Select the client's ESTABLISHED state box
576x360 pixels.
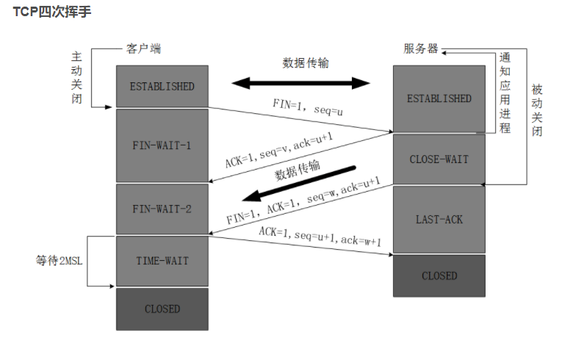click(162, 86)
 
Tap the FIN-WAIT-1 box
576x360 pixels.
click(162, 145)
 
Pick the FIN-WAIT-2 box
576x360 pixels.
click(162, 209)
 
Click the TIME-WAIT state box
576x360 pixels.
click(162, 261)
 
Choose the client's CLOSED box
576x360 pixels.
click(162, 309)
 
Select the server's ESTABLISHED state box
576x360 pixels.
click(439, 98)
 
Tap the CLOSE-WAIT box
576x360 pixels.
click(439, 159)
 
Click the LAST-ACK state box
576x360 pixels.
click(439, 219)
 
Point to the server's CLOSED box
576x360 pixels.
click(439, 276)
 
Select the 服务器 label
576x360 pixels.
click(421, 49)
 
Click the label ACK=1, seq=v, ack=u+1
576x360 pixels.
click(278, 151)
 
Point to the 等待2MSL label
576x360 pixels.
click(61, 260)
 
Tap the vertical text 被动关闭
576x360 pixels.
click(537, 110)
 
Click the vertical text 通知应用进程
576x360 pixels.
click(504, 93)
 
